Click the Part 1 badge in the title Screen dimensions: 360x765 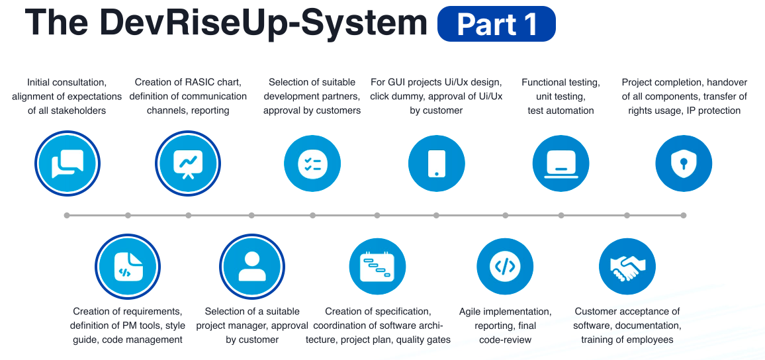click(496, 24)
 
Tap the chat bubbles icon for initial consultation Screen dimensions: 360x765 click(67, 163)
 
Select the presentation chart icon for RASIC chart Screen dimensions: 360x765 click(188, 163)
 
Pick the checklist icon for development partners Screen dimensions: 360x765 click(312, 163)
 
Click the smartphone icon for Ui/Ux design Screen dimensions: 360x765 click(436, 163)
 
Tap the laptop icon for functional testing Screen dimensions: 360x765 click(561, 163)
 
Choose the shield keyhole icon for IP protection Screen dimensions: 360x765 click(684, 163)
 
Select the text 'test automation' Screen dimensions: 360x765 click(561, 111)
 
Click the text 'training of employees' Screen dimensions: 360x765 click(627, 339)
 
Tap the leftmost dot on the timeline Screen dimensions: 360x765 click(67, 215)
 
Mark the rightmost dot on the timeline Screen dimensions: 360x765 click(684, 215)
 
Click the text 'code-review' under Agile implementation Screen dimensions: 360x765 click(505, 339)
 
